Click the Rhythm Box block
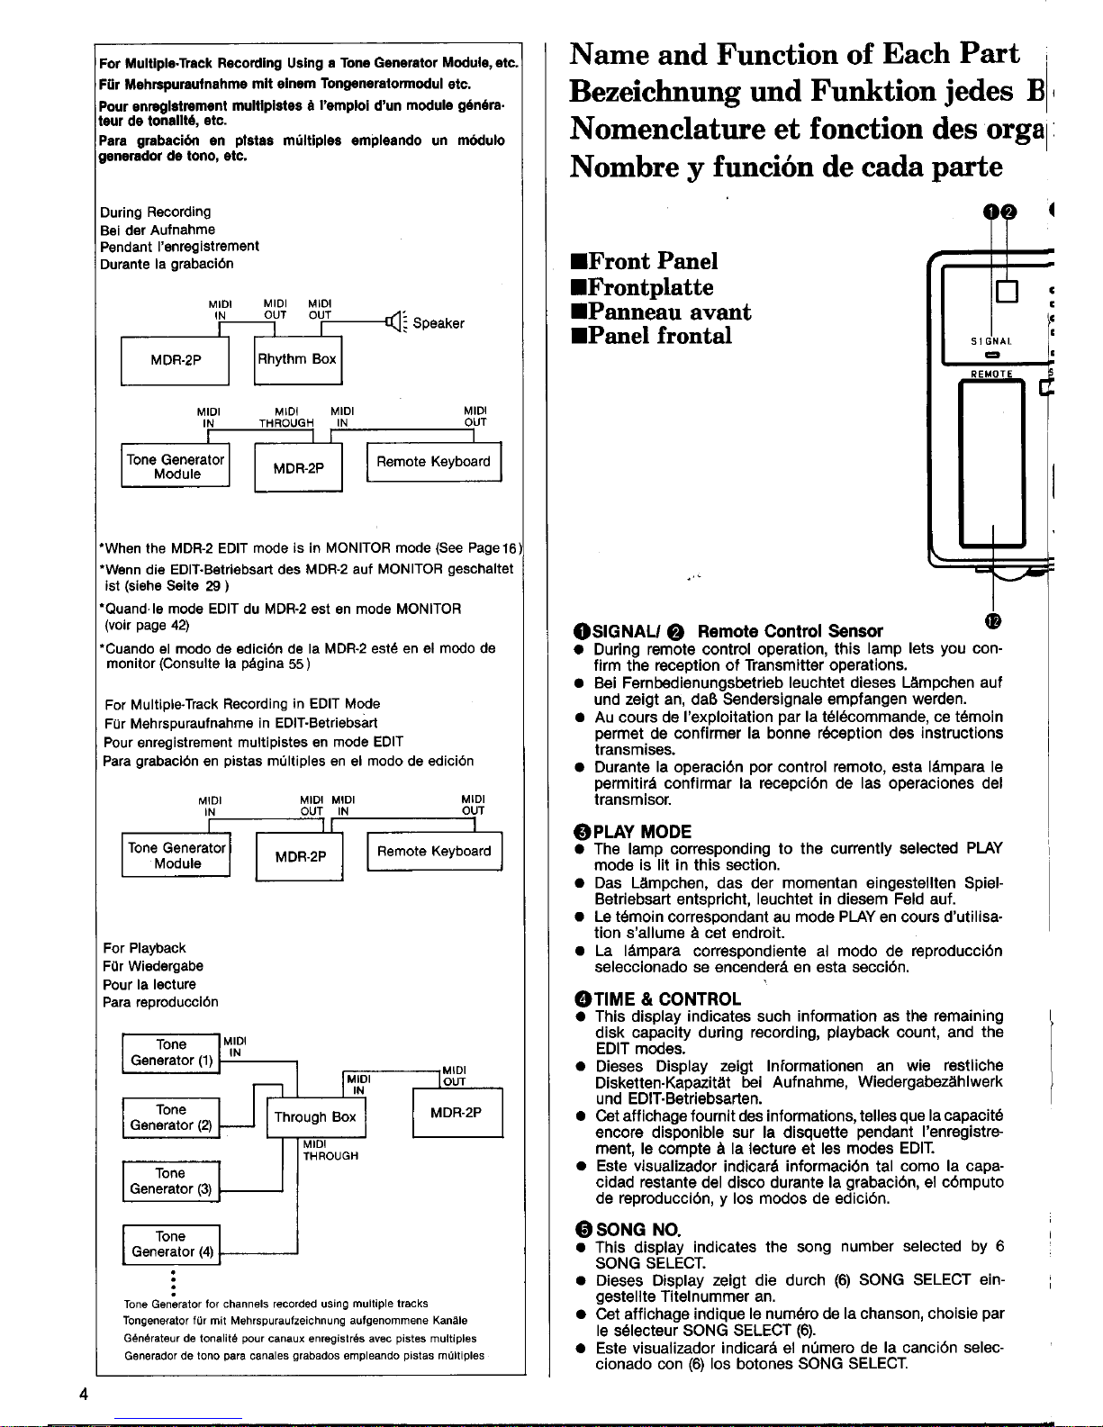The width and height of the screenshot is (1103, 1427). tap(298, 360)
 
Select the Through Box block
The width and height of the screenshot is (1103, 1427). tap(316, 1117)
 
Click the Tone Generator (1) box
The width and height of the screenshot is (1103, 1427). tap(171, 1052)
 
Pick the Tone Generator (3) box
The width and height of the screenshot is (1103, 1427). tap(171, 1181)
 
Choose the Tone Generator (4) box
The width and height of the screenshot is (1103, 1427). tap(171, 1244)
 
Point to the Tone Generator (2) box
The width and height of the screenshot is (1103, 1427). tap(171, 1117)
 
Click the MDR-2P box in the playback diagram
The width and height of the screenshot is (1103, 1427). tap(457, 1113)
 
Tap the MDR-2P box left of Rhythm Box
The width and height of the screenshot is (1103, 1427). tap(176, 360)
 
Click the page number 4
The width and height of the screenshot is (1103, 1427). tap(84, 1394)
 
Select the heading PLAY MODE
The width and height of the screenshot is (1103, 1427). tap(642, 831)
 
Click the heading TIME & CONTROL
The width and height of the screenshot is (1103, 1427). tap(667, 998)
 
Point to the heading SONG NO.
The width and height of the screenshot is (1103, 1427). tap(638, 1229)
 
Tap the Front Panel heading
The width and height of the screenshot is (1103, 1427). tap(653, 261)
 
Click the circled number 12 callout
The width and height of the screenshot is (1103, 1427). tap(992, 621)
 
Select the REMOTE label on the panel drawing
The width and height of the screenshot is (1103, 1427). tap(991, 374)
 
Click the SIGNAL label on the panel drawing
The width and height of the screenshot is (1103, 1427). tap(991, 341)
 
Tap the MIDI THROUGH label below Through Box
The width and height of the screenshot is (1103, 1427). tap(330, 1150)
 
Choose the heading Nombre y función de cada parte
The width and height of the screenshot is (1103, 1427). tap(786, 167)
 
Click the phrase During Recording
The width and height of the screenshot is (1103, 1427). tap(156, 212)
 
